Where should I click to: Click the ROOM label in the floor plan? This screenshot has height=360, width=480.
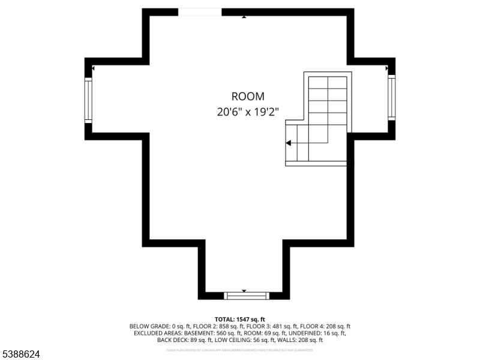(x=248, y=96)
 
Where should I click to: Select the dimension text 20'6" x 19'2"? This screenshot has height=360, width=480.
(x=248, y=112)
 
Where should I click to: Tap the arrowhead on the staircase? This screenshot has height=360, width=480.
(x=289, y=143)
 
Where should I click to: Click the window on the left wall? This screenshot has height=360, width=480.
(x=88, y=99)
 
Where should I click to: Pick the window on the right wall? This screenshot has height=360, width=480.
(x=391, y=98)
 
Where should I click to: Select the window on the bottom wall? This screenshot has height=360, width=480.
(x=247, y=295)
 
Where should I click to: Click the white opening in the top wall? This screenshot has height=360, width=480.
(x=200, y=12)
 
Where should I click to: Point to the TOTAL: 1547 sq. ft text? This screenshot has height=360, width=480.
(x=240, y=319)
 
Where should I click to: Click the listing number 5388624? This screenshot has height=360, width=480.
(x=20, y=355)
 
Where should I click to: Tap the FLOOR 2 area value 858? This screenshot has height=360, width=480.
(x=226, y=326)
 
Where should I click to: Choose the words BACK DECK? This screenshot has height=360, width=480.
(x=172, y=340)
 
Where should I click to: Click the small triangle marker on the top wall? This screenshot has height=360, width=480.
(x=244, y=17)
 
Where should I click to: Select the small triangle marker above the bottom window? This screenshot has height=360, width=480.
(x=244, y=290)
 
